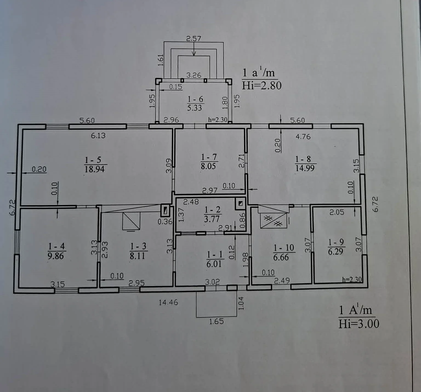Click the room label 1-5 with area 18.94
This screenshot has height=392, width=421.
point(94,164)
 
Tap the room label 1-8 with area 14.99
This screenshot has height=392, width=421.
point(305,163)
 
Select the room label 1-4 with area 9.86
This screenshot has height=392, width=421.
point(56,251)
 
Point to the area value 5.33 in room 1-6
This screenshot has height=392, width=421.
point(195,108)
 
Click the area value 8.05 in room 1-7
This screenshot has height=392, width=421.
point(208,166)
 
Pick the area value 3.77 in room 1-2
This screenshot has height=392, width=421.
point(212,219)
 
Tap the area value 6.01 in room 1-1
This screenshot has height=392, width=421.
point(214,264)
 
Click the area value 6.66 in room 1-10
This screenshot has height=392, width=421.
point(281,257)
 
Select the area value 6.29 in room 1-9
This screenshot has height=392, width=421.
point(335,251)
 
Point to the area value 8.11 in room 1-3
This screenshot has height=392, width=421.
point(138,256)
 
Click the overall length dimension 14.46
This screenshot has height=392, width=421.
point(168,302)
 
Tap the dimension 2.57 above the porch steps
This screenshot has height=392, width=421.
point(194,39)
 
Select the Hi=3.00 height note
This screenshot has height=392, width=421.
point(359,324)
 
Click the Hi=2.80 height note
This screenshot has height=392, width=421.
point(262,86)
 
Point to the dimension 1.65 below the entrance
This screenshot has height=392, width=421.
point(217,321)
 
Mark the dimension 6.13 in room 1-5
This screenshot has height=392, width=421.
point(98,135)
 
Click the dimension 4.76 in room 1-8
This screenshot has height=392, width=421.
point(303,137)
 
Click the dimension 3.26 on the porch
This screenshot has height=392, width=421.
point(194,75)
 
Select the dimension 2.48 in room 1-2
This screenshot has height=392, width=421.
point(191,202)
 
